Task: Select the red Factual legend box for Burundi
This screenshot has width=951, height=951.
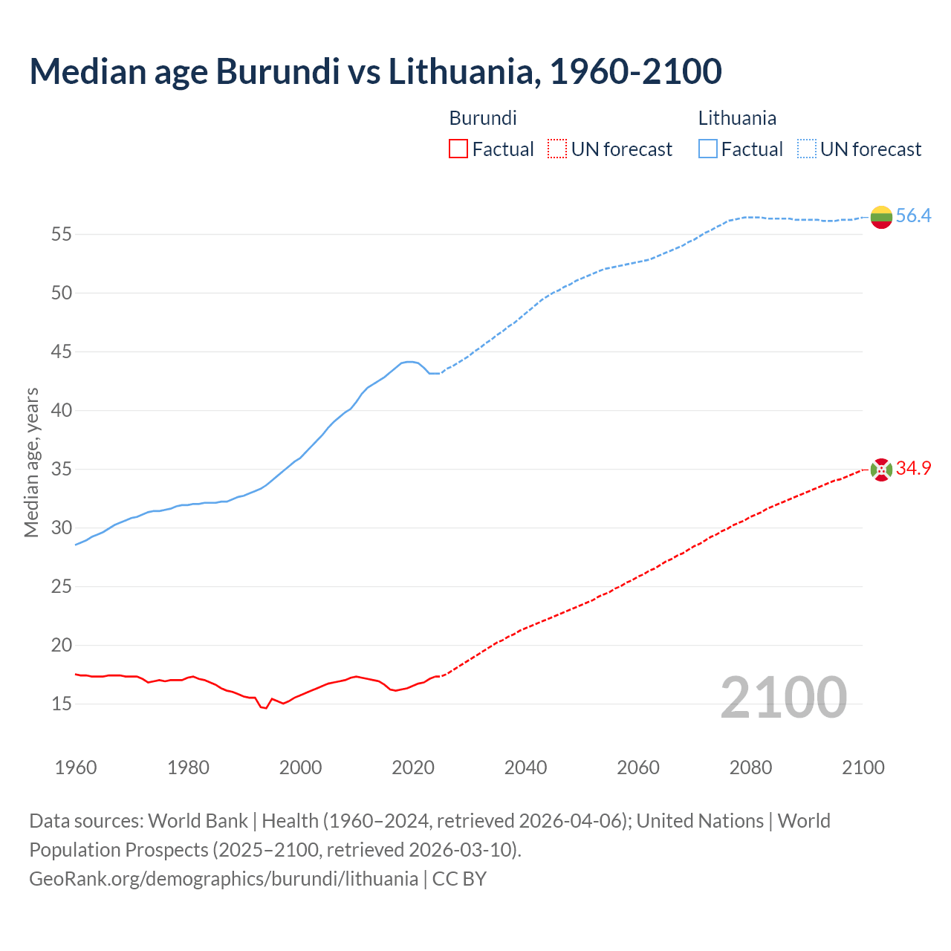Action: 458,149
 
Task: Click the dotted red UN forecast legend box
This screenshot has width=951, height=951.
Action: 557,149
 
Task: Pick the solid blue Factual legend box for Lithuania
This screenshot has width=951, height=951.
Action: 708,149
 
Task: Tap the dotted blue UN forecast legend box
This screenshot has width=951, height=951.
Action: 807,149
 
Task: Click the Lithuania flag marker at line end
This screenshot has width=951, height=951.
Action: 881,217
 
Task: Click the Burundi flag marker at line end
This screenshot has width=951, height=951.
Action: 881,470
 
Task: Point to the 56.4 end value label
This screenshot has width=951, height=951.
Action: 913,216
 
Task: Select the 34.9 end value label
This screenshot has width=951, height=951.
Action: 913,469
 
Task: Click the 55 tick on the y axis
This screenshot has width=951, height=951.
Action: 62,235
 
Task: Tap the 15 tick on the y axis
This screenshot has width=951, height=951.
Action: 62,704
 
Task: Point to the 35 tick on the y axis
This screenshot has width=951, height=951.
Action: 62,470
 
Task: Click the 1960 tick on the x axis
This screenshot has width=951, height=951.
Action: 76,767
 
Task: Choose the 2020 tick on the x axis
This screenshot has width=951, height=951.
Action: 413,767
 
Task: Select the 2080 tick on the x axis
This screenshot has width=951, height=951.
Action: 750,767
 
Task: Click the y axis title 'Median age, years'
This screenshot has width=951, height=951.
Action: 31,462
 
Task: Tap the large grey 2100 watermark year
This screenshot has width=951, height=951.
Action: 783,698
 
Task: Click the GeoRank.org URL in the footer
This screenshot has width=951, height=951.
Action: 224,879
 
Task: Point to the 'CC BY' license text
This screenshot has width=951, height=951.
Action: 459,879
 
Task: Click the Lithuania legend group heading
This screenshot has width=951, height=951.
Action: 737,118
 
